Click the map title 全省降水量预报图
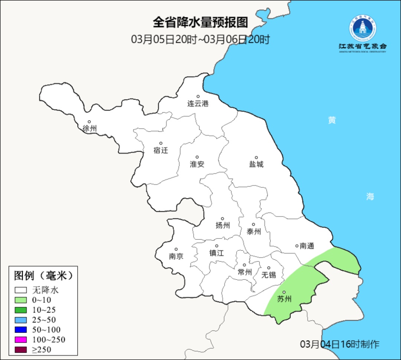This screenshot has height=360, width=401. pos(200,23)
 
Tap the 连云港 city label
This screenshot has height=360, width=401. pos(198,104)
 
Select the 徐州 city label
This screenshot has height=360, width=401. pos(89,129)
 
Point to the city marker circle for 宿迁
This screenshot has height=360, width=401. pos(161,143)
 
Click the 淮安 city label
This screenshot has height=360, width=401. pos(197,164)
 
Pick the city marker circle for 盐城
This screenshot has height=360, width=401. pos(256,158)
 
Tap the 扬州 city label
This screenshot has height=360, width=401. pos(223,226)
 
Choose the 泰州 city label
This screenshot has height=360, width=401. pos(254,232)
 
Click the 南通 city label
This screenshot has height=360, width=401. pos(307,246)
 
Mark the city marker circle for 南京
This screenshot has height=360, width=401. pos(176,250)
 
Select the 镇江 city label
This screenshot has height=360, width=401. pos(216,253)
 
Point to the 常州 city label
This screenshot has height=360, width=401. pos(245,272)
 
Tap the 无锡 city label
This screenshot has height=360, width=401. pos(269,275)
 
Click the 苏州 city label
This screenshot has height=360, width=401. pos(284,299)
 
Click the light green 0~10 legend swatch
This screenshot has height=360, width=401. pos(21,300)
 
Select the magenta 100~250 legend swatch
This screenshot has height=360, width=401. pos(21,340)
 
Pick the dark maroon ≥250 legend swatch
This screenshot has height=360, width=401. pos(21,349)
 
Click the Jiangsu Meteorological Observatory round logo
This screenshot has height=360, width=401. pos(362,28)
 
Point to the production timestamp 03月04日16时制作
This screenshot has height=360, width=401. pos(340,344)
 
